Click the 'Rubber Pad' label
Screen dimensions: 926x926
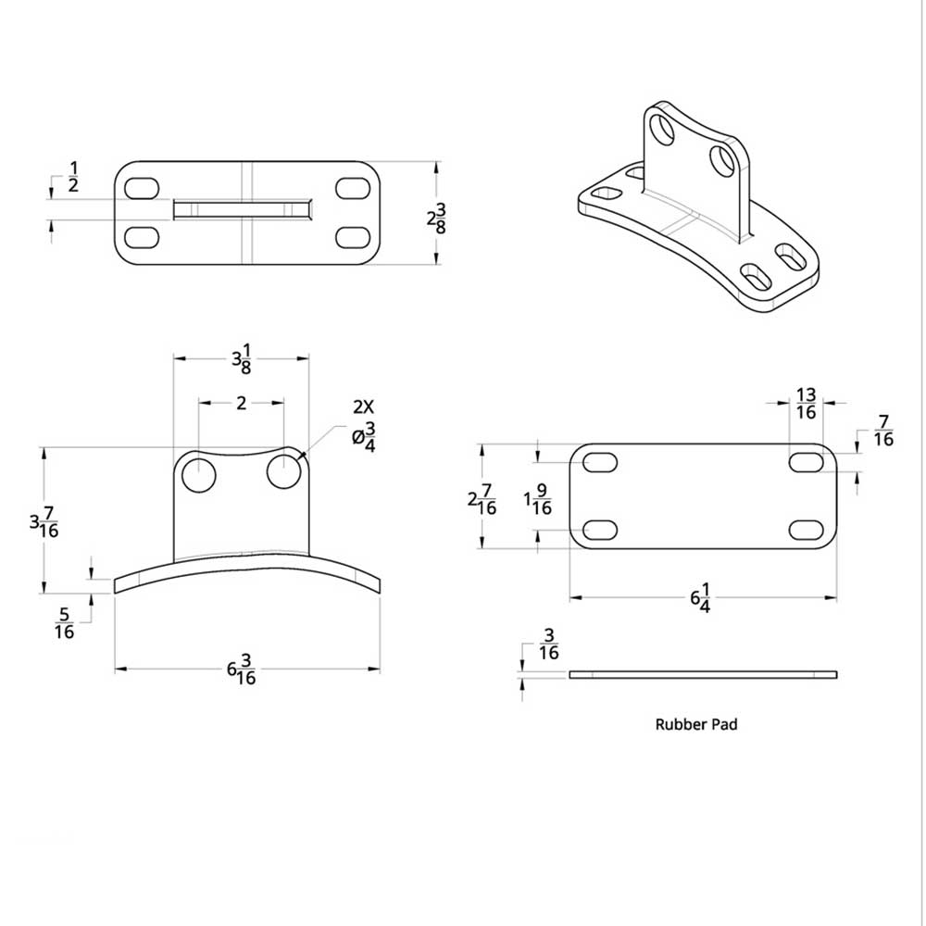click(696, 725)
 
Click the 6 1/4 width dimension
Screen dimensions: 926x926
click(700, 598)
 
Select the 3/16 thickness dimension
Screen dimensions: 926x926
click(549, 644)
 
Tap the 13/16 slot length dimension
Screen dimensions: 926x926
click(806, 404)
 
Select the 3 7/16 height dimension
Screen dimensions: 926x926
click(44, 525)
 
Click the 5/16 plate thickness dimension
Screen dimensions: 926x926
click(64, 622)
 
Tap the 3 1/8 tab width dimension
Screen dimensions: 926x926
click(241, 357)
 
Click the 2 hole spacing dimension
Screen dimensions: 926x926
click(241, 403)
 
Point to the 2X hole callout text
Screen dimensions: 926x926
click(364, 407)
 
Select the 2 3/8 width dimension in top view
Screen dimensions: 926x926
click(436, 219)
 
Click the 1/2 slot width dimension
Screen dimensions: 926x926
click(73, 177)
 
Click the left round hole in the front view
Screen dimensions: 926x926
click(198, 475)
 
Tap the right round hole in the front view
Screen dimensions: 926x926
click(284, 472)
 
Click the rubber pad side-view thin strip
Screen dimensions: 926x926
click(703, 674)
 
